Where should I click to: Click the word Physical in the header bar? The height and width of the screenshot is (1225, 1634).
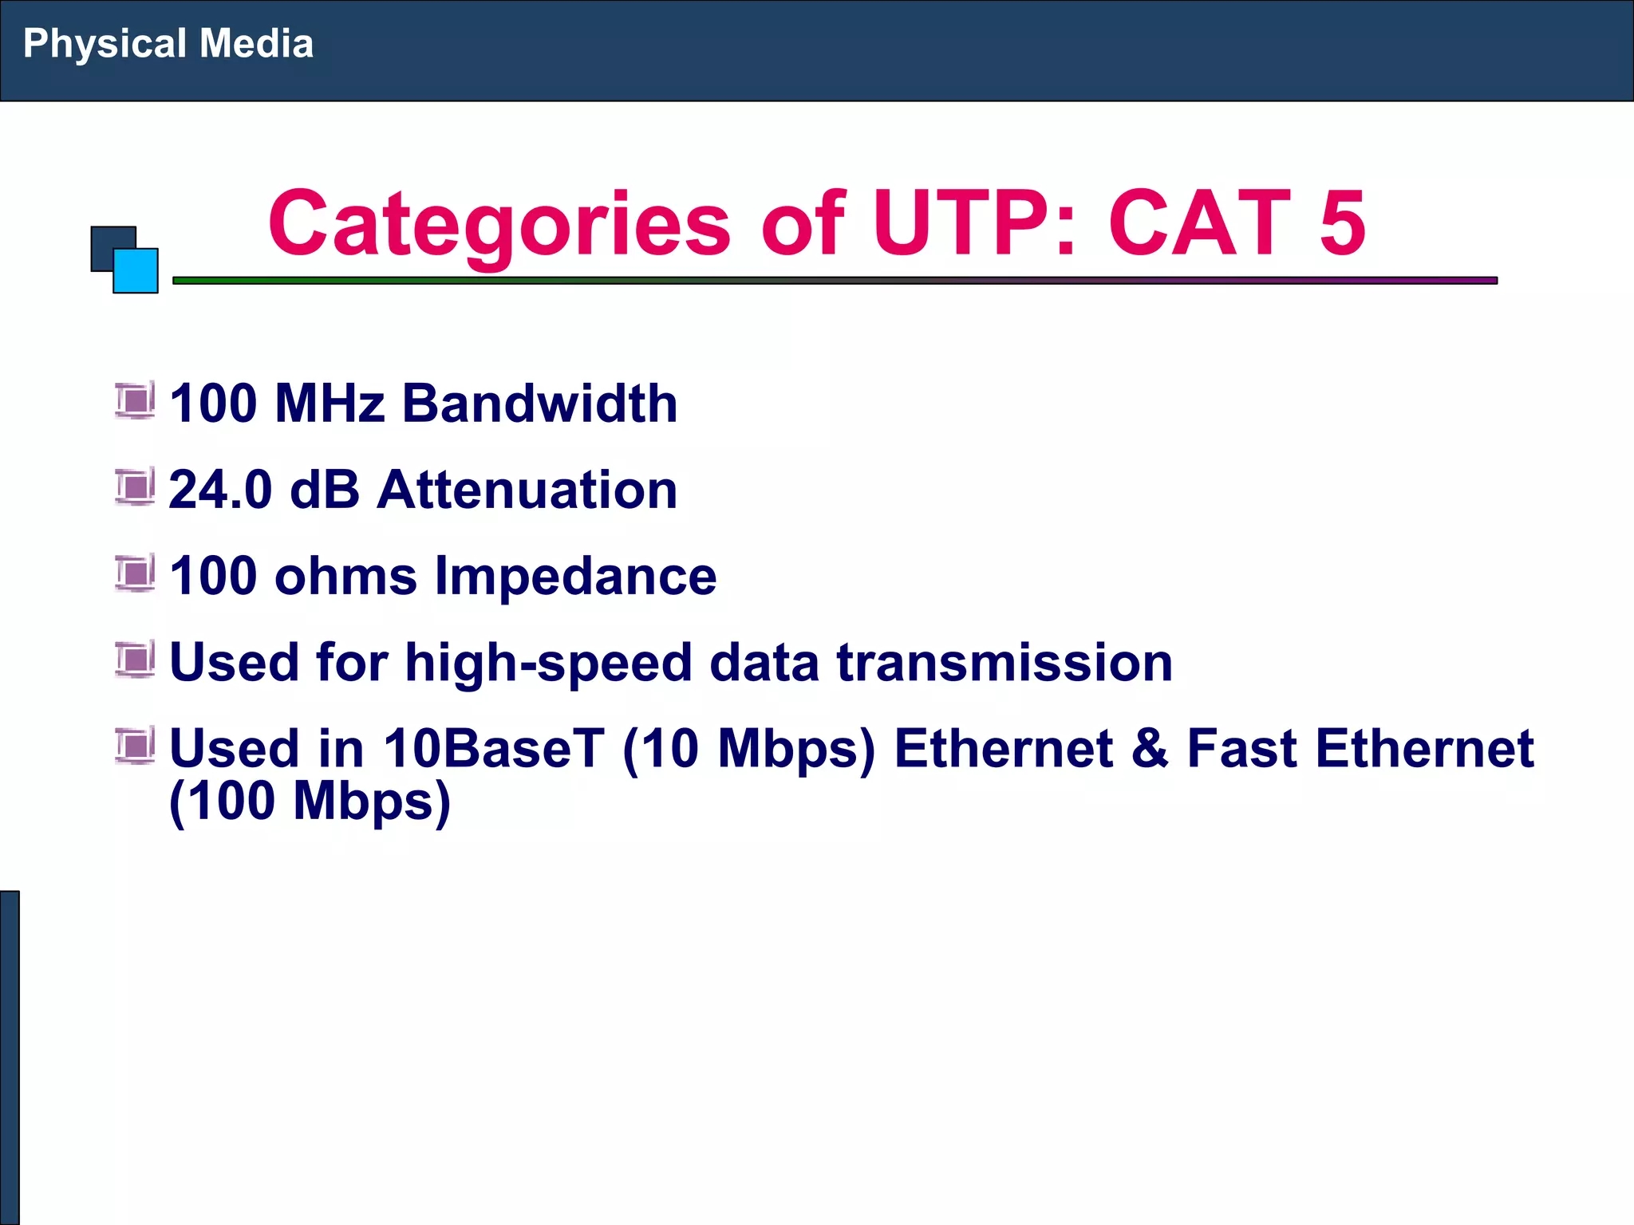pos(105,44)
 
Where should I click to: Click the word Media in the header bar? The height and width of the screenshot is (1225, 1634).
pos(256,43)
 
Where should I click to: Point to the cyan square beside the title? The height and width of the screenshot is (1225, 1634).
pos(136,272)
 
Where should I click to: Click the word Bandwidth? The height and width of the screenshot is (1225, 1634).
pos(539,403)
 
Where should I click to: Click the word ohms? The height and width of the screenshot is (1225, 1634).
pos(345,576)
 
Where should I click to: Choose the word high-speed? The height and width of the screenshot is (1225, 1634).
pos(548,663)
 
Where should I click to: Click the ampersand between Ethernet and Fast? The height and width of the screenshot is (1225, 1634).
pos(1149,749)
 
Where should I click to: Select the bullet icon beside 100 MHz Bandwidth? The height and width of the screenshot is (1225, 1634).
pos(135,400)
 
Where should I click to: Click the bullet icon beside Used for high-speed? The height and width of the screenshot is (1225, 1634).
pos(135,660)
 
